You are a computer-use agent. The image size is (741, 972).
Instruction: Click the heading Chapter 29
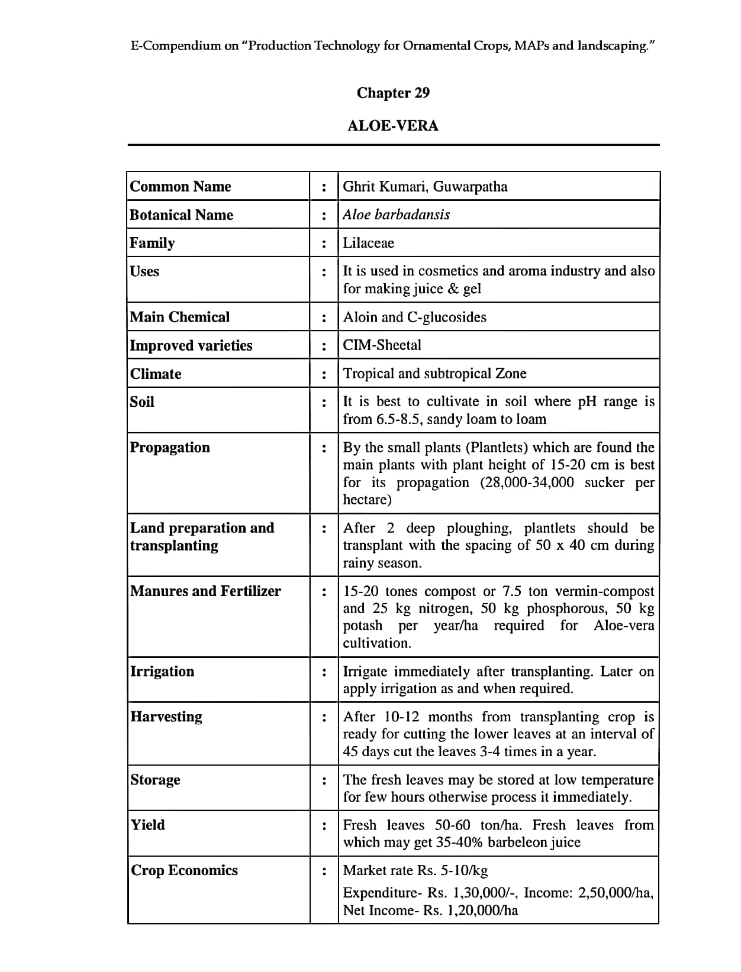click(393, 93)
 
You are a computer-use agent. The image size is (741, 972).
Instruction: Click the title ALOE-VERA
click(393, 126)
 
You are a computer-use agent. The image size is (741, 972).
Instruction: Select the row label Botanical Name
click(181, 215)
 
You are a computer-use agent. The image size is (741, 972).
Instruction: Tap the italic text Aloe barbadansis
click(396, 215)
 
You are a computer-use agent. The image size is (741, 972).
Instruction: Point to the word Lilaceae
click(368, 243)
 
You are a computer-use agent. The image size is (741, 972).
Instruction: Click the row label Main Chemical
click(179, 317)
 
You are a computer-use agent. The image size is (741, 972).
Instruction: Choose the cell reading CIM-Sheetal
click(382, 345)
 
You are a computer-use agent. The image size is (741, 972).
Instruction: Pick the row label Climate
click(156, 374)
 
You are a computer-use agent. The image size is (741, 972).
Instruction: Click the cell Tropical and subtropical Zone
click(434, 374)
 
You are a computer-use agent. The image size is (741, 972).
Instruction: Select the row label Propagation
click(170, 448)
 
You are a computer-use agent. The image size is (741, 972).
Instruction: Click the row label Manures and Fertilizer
click(205, 591)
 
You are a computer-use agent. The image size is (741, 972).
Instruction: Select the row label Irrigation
click(162, 672)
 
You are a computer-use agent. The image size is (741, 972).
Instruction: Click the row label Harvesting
click(166, 717)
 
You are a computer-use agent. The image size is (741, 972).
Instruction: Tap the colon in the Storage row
click(324, 780)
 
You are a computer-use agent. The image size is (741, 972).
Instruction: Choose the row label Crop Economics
click(184, 870)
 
